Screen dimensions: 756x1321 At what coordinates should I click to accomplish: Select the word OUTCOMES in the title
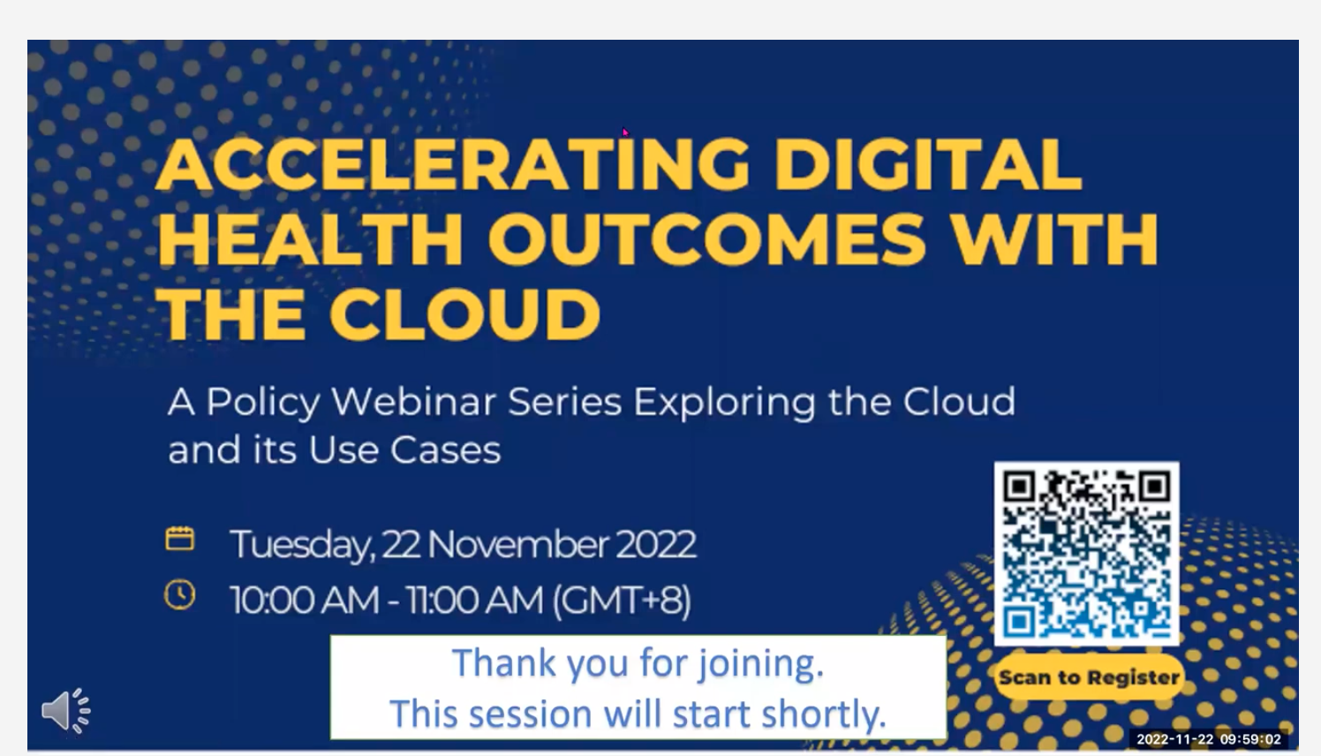click(x=707, y=239)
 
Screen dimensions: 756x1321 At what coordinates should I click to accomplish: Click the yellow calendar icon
click(x=180, y=539)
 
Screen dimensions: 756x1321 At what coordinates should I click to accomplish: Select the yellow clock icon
click(x=180, y=595)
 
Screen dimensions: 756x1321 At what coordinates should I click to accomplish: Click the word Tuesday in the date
click(x=300, y=544)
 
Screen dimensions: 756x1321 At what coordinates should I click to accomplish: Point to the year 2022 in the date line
click(x=655, y=544)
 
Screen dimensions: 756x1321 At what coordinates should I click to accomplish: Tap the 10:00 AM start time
click(x=305, y=601)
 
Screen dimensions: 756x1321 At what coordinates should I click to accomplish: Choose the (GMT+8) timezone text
click(x=622, y=601)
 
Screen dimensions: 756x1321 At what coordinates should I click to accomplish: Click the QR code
click(x=1086, y=553)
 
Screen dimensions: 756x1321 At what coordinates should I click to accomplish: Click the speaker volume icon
click(x=66, y=710)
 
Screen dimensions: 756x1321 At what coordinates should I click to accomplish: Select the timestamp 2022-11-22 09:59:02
click(x=1208, y=739)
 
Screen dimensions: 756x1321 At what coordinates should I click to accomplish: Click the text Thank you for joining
click(x=638, y=663)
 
